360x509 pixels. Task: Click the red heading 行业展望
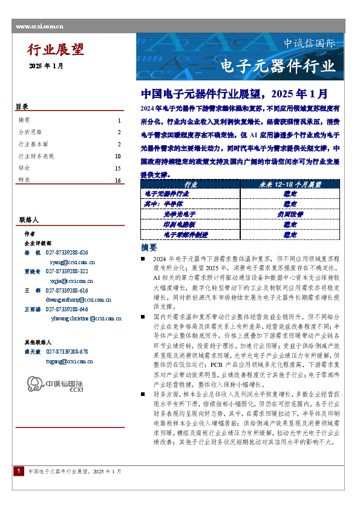[56, 50]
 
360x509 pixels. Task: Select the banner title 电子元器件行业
[278, 65]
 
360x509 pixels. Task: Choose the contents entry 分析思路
[31, 132]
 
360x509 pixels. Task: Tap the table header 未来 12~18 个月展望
[290, 183]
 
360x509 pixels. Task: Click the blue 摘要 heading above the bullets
[149, 248]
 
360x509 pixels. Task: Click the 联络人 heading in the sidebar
[28, 219]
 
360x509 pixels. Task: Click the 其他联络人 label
[38, 342]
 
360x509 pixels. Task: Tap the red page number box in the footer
[19, 487]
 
